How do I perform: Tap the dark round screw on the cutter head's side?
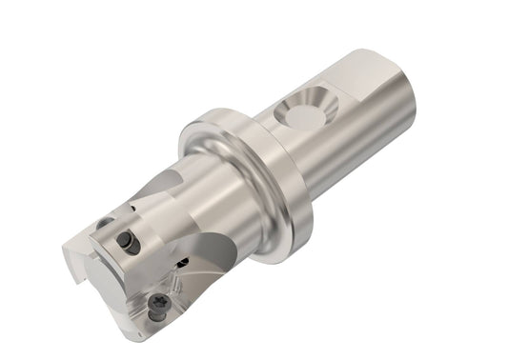pos(130,244)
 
